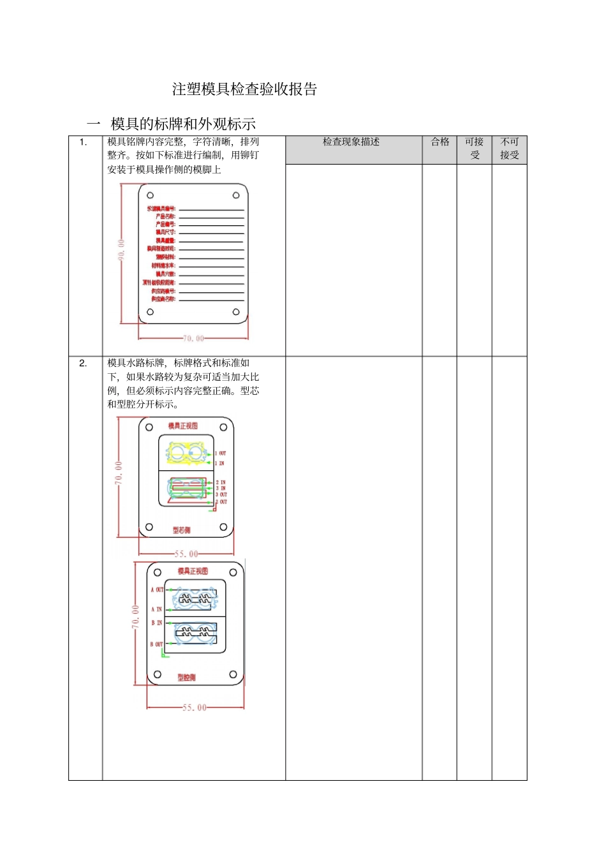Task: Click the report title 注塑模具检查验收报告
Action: [x=244, y=89]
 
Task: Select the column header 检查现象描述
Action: [x=351, y=142]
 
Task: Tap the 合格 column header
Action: [x=440, y=142]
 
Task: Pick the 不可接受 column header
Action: [x=509, y=149]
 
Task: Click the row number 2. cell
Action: [x=83, y=363]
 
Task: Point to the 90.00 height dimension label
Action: [x=121, y=249]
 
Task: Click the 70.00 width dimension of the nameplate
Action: [x=193, y=339]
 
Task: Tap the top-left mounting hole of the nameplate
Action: [x=151, y=195]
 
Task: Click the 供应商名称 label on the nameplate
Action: [x=163, y=299]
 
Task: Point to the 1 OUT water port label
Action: [x=221, y=453]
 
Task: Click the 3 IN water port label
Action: [x=221, y=488]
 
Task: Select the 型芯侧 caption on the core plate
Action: [x=181, y=530]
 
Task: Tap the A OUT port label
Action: [x=157, y=589]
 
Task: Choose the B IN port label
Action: [x=156, y=623]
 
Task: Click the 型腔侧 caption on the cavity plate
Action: [x=186, y=677]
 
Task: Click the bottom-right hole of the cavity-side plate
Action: [x=233, y=674]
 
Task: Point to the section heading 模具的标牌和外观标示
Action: [x=183, y=124]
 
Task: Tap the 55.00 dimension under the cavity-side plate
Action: [x=195, y=707]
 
